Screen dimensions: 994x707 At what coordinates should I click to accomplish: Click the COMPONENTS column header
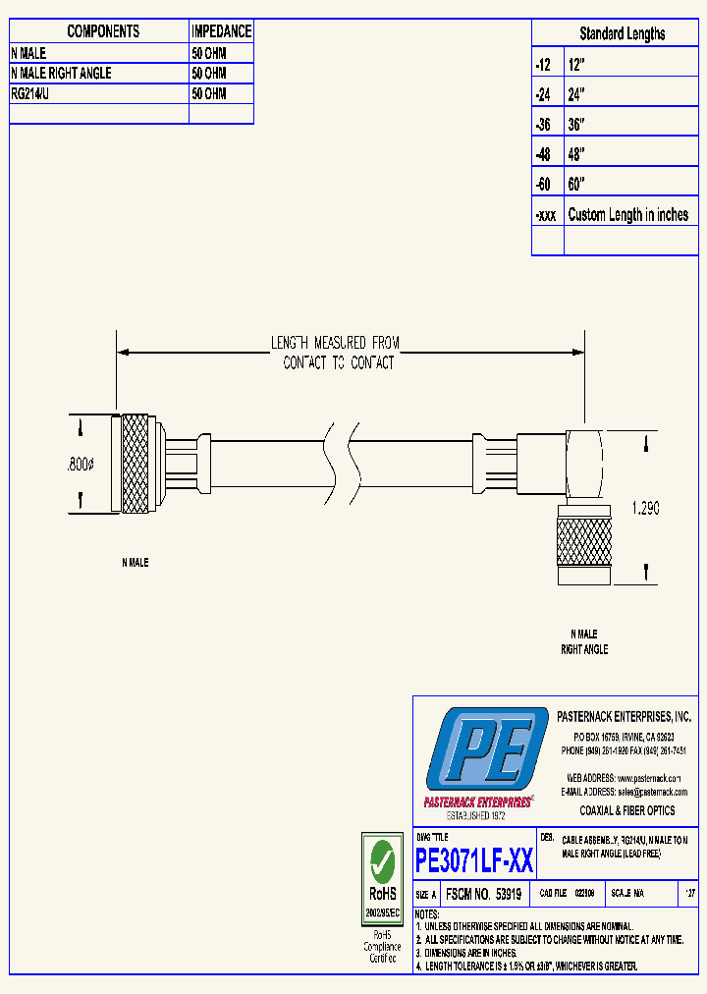(103, 31)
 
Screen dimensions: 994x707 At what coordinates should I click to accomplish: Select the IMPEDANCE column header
(221, 31)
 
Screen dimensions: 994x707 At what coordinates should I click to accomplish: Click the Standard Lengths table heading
(622, 33)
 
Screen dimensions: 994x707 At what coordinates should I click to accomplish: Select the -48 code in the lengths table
(543, 154)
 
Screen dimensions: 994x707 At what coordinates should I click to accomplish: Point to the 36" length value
(576, 125)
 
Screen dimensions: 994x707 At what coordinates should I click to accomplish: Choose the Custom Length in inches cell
(627, 215)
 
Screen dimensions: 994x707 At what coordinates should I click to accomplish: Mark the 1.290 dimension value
(643, 509)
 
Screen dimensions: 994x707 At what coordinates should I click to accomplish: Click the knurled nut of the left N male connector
(136, 463)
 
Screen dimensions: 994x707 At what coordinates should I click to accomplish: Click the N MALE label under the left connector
(135, 563)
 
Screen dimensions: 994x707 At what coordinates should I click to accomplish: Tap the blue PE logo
(486, 751)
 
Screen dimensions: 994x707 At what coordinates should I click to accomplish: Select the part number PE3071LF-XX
(474, 861)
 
